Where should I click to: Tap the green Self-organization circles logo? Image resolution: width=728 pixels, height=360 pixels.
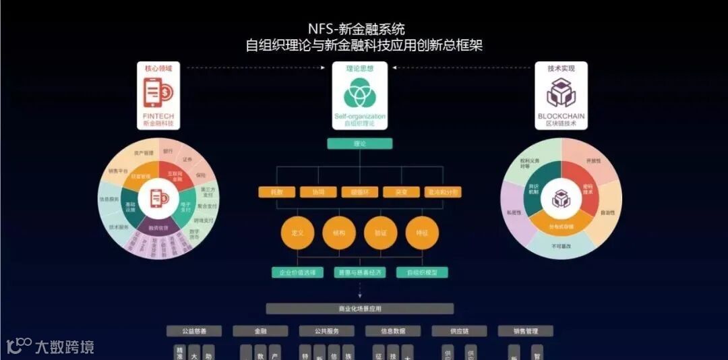click(360, 94)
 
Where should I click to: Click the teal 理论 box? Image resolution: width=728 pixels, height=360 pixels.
click(359, 144)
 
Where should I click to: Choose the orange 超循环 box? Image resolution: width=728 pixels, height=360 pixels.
click(359, 192)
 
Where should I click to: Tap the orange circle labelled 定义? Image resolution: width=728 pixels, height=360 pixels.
click(297, 233)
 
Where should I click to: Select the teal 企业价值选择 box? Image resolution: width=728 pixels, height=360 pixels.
click(297, 273)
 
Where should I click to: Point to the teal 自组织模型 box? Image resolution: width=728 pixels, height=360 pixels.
click(422, 273)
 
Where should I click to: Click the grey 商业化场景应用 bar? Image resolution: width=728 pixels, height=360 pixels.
click(359, 309)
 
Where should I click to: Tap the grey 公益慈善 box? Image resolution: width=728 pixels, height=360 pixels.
click(194, 331)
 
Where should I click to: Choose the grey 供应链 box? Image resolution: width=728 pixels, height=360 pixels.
click(459, 331)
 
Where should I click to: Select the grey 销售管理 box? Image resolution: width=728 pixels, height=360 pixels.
click(525, 331)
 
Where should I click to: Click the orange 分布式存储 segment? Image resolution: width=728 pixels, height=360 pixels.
click(562, 224)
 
